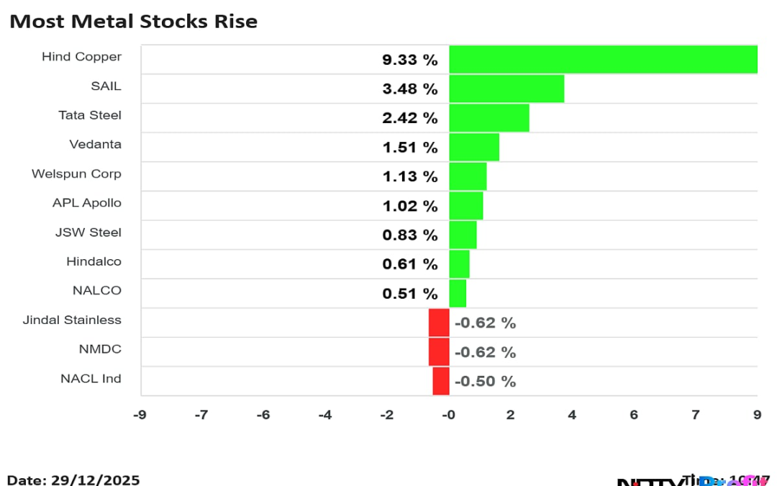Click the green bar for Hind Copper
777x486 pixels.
(x=603, y=59)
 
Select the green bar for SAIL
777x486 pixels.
(x=506, y=89)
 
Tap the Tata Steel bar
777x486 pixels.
(x=489, y=118)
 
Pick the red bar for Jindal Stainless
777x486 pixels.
(x=439, y=323)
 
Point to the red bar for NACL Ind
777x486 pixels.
(x=441, y=381)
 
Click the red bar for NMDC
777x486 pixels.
(x=439, y=352)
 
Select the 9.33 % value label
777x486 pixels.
(x=410, y=60)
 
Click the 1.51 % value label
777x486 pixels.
(x=410, y=148)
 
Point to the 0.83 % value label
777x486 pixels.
(x=410, y=235)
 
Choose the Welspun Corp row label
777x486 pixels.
(x=76, y=174)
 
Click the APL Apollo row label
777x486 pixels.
(x=87, y=203)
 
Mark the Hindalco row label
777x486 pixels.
(x=94, y=262)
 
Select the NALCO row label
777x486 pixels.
(x=97, y=291)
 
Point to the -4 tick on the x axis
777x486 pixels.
(x=325, y=415)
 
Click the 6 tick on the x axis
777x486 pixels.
(x=634, y=415)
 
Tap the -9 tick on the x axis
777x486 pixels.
(x=140, y=415)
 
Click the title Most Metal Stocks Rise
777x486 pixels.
(x=133, y=22)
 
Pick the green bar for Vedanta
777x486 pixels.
(x=474, y=148)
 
